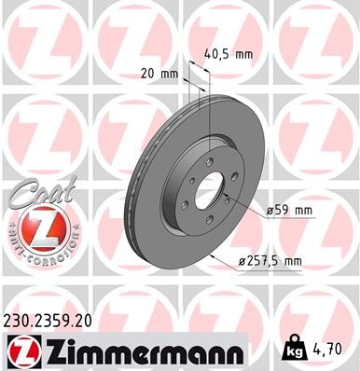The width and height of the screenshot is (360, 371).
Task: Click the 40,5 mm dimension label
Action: coord(228,54)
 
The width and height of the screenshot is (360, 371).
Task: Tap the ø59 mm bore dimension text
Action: coord(289,212)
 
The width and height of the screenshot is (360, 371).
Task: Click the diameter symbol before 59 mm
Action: coord(270,212)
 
